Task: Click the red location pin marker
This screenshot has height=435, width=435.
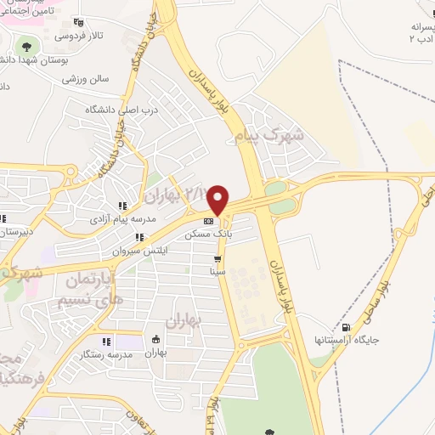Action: tap(218, 199)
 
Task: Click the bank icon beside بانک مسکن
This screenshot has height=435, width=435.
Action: tap(208, 220)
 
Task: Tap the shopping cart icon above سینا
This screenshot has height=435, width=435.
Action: tap(218, 259)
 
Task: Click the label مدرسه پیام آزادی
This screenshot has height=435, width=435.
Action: tap(122, 218)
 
